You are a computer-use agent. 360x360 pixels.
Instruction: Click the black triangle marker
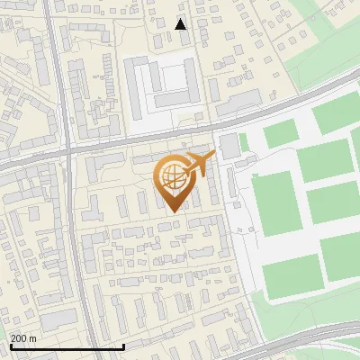pyautogui.click(x=181, y=24)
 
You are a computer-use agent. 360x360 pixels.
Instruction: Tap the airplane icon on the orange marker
pyautogui.click(x=200, y=163)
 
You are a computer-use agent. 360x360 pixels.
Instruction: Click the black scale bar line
pyautogui.click(x=67, y=346)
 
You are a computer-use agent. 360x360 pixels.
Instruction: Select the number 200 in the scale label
pyautogui.click(x=19, y=338)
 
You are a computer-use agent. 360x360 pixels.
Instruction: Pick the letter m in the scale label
pyautogui.click(x=32, y=338)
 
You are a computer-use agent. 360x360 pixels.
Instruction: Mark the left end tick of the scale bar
pyautogui.click(x=10, y=345)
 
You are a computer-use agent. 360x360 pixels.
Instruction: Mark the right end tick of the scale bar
pyautogui.click(x=123, y=345)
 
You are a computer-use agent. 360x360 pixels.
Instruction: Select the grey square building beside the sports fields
pyautogui.click(x=229, y=144)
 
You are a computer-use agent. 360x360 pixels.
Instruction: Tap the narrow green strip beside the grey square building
pyautogui.click(x=243, y=142)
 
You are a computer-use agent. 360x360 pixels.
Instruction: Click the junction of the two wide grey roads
pyautogui.click(x=69, y=153)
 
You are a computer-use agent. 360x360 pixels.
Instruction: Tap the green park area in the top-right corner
pyautogui.click(x=324, y=45)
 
